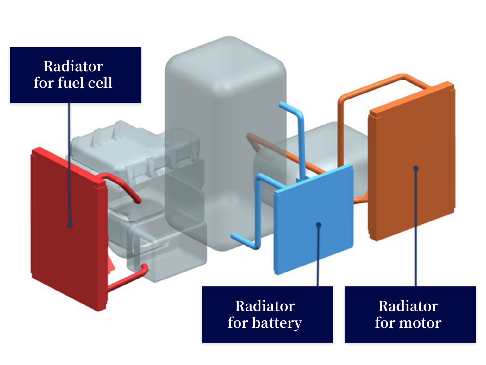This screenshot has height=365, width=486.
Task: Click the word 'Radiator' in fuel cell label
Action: [x=73, y=66]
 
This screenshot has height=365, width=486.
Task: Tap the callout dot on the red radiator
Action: [x=70, y=225]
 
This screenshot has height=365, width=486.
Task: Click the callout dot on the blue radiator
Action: [x=319, y=225]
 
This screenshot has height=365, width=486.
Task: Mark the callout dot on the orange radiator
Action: [x=416, y=169]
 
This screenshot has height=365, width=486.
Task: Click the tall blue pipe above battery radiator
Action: [x=301, y=133]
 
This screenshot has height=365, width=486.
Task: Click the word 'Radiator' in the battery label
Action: [x=265, y=306]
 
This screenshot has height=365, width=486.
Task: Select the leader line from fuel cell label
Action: [x=69, y=158]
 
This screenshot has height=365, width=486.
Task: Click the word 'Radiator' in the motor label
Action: [x=408, y=306]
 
